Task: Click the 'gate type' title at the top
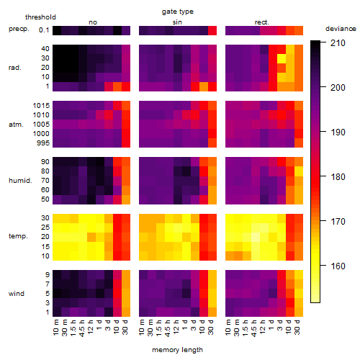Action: point(178,12)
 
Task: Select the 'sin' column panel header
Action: point(177,22)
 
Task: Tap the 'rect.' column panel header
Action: point(262,22)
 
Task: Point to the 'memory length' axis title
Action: point(178,350)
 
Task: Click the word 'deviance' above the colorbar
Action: point(341,29)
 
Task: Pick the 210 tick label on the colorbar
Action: point(338,43)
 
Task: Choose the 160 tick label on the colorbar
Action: point(338,266)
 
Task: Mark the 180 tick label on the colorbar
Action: point(338,177)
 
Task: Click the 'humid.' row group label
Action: point(20,181)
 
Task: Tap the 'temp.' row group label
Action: point(18,236)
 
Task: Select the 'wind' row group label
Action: point(17,294)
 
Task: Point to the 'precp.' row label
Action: point(19,29)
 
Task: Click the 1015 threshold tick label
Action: point(41,106)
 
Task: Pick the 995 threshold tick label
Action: point(43,143)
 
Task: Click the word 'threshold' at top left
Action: point(40,17)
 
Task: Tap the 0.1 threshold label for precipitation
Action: point(44,30)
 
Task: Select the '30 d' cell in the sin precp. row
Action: point(212,30)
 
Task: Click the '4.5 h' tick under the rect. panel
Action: point(253,328)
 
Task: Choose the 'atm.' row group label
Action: point(16,125)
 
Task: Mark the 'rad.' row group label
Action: point(15,68)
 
